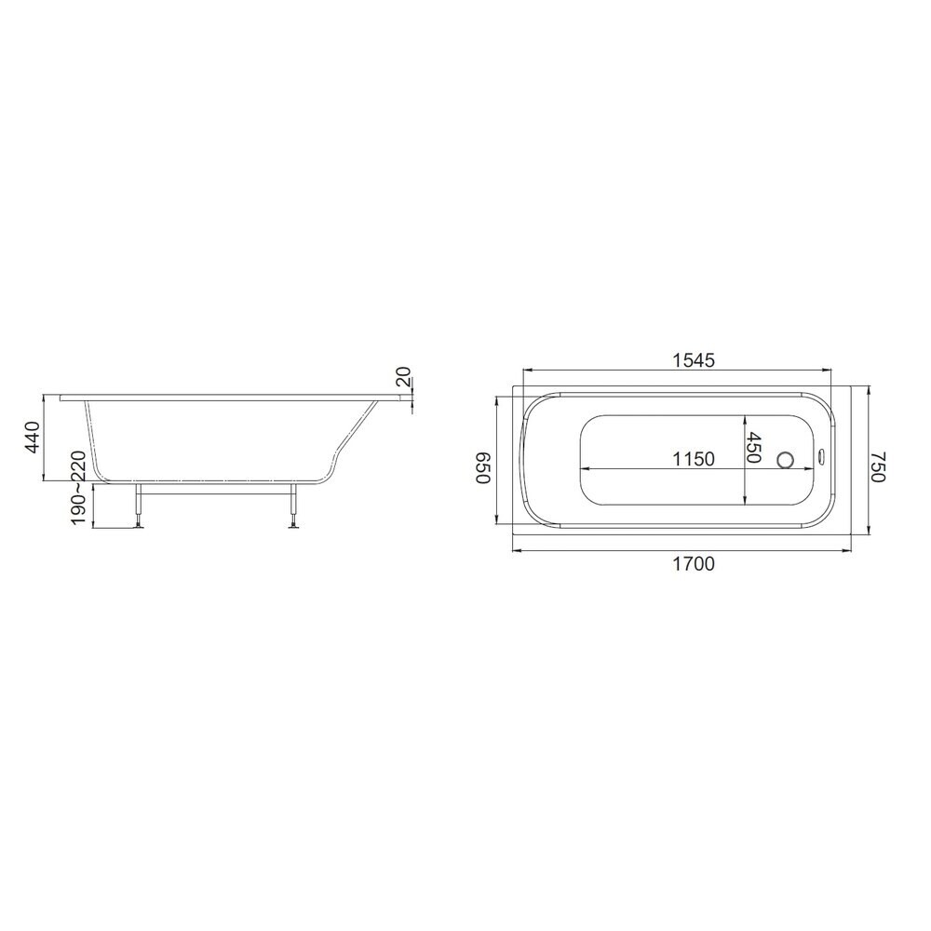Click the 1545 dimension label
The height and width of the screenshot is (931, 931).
(x=693, y=359)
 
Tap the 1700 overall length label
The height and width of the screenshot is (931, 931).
(x=693, y=563)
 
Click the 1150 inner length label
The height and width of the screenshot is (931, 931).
(x=693, y=459)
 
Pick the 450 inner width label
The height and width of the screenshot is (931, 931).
(x=753, y=447)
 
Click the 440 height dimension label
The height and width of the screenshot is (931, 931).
(x=32, y=437)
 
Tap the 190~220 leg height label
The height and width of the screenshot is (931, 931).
(x=79, y=488)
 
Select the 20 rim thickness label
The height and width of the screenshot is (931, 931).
(x=403, y=377)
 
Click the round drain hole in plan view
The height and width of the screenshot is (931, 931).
(x=786, y=459)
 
